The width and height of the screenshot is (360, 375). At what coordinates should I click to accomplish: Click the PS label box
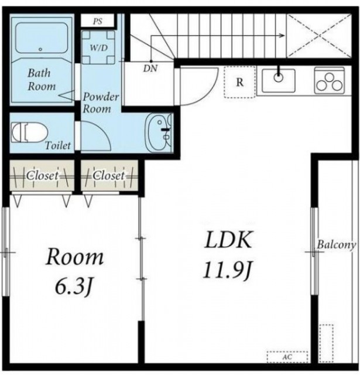pyautogui.click(x=97, y=21)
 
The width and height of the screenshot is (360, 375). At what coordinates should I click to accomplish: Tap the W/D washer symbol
pyautogui.click(x=98, y=47)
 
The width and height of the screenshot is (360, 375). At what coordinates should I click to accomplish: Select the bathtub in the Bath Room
pyautogui.click(x=42, y=37)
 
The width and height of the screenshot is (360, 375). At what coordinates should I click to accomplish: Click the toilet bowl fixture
pyautogui.click(x=29, y=132)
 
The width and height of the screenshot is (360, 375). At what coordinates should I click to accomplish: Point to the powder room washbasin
pyautogui.click(x=159, y=132)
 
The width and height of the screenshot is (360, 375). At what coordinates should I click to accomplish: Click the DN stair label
pyautogui.click(x=150, y=69)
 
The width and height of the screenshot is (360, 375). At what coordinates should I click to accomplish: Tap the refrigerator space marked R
pyautogui.click(x=240, y=82)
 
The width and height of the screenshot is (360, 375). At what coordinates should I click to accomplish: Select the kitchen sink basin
pyautogui.click(x=279, y=80)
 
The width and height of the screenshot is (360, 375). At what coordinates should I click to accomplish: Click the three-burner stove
pyautogui.click(x=330, y=80)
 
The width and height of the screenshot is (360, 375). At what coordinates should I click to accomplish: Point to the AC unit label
pyautogui.click(x=287, y=357)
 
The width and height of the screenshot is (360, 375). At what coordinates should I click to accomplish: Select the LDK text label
pyautogui.click(x=228, y=240)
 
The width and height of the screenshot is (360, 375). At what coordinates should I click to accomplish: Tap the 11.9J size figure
pyautogui.click(x=228, y=271)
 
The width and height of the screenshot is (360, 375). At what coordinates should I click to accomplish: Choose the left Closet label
pyautogui.click(x=42, y=176)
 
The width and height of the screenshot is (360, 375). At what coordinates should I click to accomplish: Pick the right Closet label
pyautogui.click(x=109, y=176)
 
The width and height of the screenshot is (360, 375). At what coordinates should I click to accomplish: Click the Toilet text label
pyautogui.click(x=58, y=145)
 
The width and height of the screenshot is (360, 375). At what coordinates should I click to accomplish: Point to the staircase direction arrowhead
pyautogui.click(x=282, y=36)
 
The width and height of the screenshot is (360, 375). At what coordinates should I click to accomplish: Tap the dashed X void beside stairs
pyautogui.click(x=319, y=36)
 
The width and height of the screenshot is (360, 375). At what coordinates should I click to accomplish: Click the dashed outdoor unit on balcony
pyautogui.click(x=326, y=343)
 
